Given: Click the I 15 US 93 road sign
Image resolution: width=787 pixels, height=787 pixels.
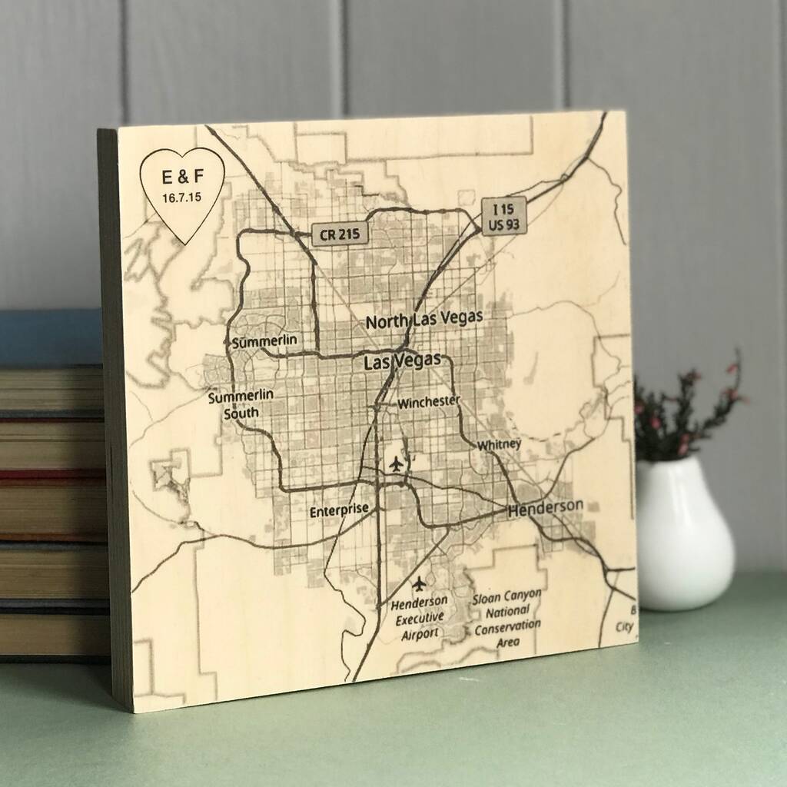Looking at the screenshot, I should point(504,214).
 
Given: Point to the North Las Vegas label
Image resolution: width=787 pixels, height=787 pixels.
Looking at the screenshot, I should point(424,319).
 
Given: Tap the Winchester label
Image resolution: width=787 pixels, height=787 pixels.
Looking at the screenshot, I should point(429,401).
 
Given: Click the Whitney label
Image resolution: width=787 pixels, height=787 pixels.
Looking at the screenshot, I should point(499,444).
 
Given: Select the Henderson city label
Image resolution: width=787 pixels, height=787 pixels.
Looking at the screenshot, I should point(545,506).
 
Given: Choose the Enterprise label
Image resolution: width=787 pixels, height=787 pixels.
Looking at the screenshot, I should point(339,510).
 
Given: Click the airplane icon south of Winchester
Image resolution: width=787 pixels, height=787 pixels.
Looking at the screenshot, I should point(396,463).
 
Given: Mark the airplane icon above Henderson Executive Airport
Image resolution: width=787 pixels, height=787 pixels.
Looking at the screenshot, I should point(418,583).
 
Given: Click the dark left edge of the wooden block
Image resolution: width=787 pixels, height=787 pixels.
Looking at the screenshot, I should point(111,415).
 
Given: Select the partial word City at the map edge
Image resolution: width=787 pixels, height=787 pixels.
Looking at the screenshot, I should point(625,626).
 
